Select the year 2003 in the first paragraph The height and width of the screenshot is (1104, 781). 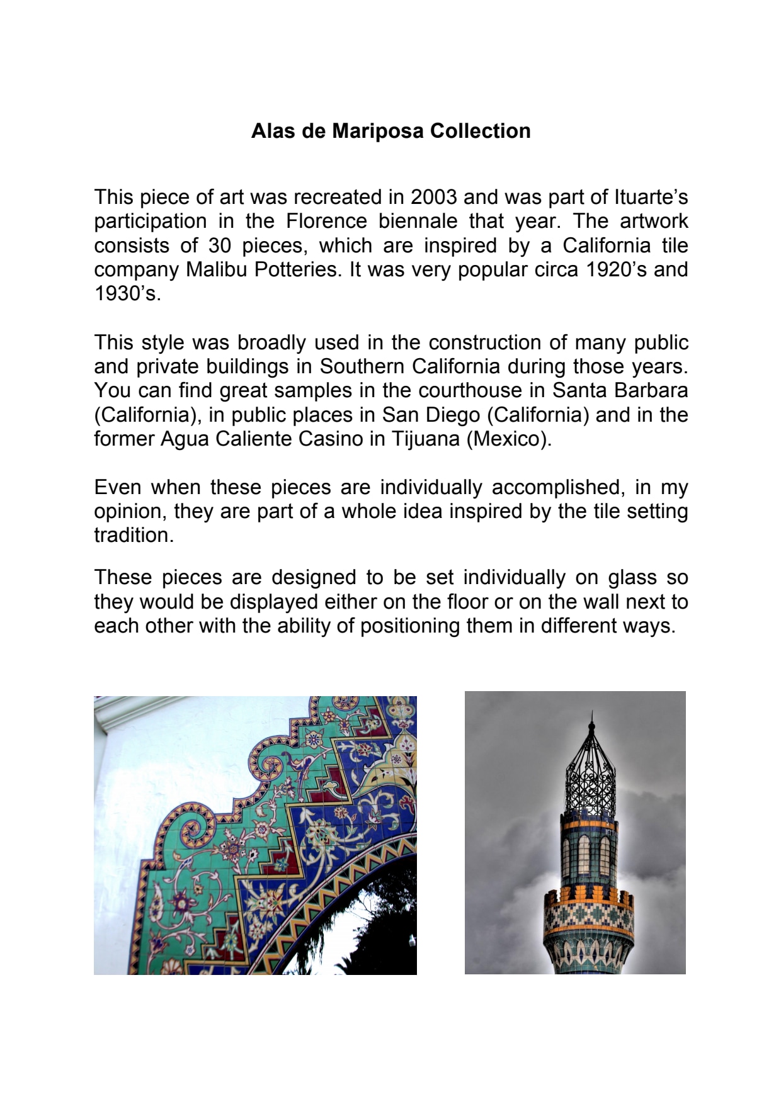[x=433, y=197]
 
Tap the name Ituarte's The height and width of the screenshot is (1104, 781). [x=651, y=197]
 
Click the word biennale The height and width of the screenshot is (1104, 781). [x=418, y=221]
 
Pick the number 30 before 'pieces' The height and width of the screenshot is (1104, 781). [x=220, y=245]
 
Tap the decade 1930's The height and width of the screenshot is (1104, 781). [x=127, y=293]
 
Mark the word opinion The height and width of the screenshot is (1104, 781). [x=130, y=511]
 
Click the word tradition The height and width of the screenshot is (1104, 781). [x=134, y=535]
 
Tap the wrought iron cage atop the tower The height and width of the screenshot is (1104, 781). [x=590, y=777]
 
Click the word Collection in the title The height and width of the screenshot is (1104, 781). [x=480, y=131]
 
